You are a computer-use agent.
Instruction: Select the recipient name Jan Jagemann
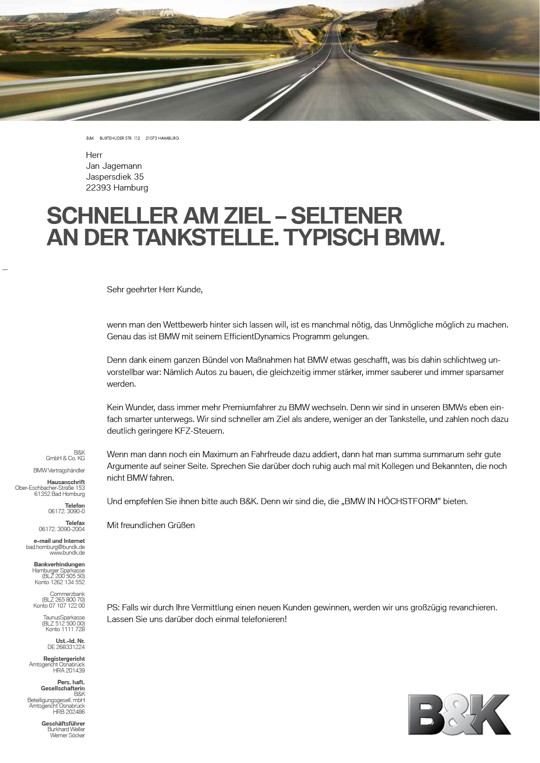[114, 166]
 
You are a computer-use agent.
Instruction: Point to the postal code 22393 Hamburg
[117, 187]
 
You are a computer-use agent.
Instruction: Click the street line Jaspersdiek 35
[114, 177]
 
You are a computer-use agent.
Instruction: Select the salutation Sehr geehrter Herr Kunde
[154, 289]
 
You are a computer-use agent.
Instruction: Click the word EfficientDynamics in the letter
[257, 337]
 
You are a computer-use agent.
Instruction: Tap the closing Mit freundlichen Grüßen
[151, 525]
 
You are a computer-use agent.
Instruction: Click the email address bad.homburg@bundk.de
[55, 547]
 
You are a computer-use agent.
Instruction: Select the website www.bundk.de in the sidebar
[67, 553]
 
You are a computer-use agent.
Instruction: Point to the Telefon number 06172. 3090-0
[67, 512]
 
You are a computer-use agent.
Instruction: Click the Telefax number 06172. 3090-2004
[62, 529]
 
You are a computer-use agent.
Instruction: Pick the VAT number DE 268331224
[66, 647]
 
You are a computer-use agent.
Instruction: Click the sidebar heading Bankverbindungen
[59, 564]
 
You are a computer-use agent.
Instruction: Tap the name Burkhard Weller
[66, 729]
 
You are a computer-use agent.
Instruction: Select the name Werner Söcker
[67, 735]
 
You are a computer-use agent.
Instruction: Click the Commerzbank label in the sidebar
[67, 594]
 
